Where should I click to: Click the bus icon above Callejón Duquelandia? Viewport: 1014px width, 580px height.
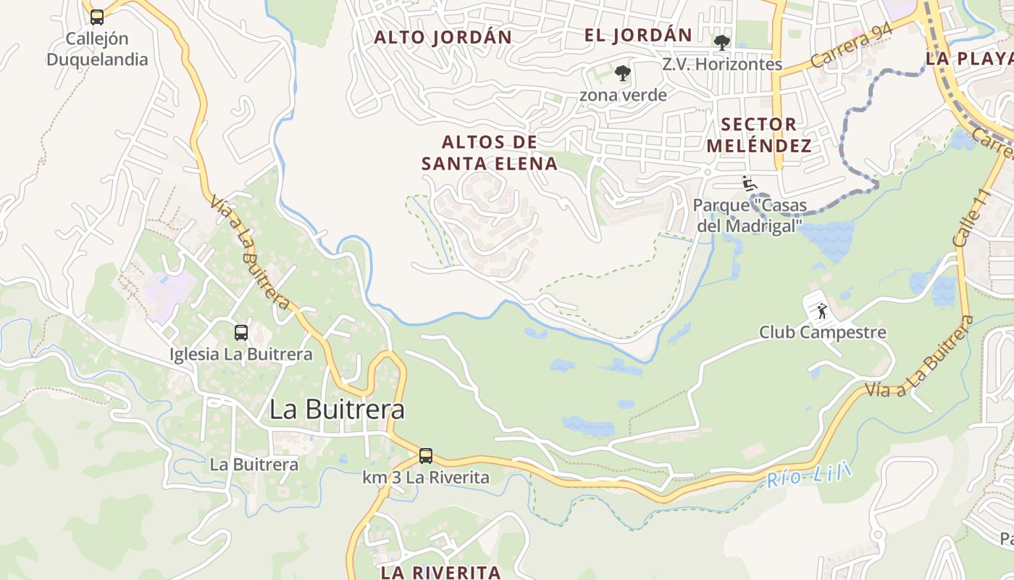(97, 17)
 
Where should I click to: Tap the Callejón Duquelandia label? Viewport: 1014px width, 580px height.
(97, 49)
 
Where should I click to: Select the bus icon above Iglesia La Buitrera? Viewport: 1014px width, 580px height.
(241, 333)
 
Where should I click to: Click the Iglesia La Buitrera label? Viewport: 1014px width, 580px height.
(241, 355)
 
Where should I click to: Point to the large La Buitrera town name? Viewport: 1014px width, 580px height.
(337, 410)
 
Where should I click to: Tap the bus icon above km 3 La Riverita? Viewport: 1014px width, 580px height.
(426, 456)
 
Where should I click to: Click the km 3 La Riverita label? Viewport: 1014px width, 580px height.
(426, 478)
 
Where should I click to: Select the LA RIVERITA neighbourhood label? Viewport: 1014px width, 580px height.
(441, 572)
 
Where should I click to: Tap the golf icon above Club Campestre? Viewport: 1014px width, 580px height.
(822, 312)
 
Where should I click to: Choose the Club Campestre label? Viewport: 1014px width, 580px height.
(823, 332)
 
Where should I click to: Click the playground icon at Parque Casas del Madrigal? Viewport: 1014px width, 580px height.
(750, 183)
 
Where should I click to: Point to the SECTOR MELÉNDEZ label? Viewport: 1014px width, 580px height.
(759, 135)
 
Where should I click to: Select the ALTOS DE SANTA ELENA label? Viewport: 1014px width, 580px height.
(490, 152)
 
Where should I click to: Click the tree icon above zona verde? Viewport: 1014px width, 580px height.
(622, 72)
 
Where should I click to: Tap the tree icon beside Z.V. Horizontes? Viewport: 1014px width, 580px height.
(721, 42)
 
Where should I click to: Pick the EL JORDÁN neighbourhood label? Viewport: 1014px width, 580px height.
(638, 35)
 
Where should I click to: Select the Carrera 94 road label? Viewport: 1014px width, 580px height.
(851, 46)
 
